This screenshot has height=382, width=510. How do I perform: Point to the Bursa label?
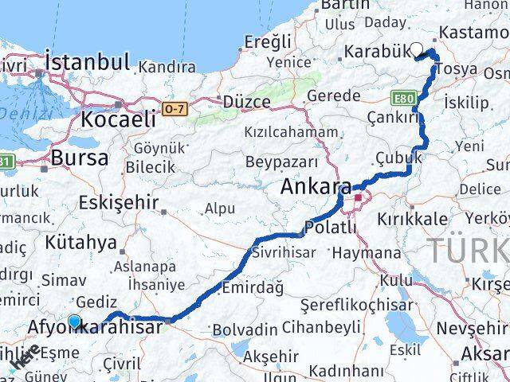point(79,158)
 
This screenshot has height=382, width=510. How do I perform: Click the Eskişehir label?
point(119,203)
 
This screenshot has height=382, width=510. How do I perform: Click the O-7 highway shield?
point(175,107)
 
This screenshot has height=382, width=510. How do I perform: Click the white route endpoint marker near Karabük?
point(417,49)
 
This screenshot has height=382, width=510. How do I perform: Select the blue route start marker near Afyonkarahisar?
point(74,322)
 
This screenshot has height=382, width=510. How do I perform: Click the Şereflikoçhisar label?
point(357,305)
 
